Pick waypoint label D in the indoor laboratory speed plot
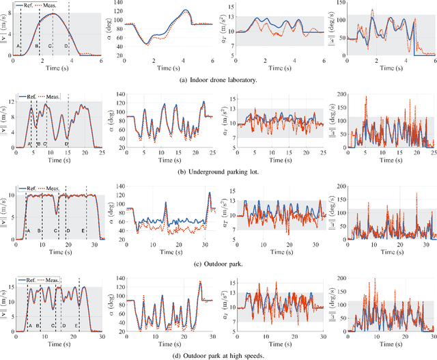tap(66, 46)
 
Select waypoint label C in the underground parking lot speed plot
tap(45, 143)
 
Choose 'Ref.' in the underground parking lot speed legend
tap(31, 97)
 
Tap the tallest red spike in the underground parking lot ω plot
tap(367, 97)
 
